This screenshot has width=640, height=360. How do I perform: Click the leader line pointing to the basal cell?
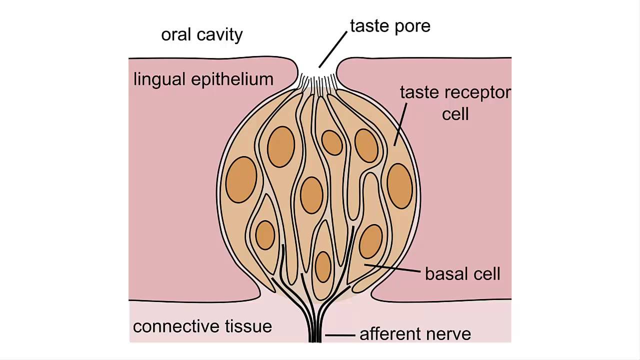pyautogui.click(x=392, y=268)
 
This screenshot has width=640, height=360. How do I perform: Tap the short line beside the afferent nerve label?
pyautogui.click(x=340, y=334)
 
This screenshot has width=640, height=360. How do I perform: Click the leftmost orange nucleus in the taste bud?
pyautogui.click(x=241, y=179)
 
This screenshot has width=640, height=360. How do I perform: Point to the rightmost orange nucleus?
pyautogui.click(x=399, y=186)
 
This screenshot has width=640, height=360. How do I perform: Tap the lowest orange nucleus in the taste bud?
pyautogui.click(x=323, y=266)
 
